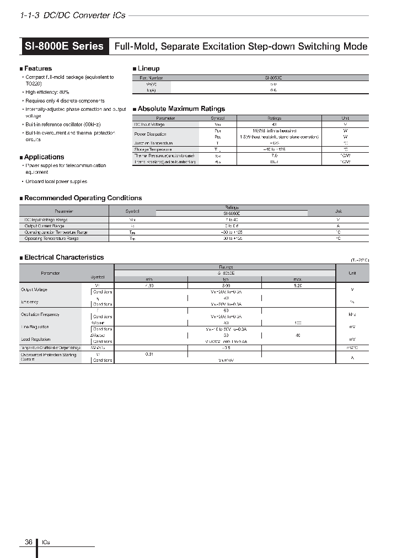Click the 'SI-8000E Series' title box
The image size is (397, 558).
point(64,46)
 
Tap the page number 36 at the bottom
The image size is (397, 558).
point(29,542)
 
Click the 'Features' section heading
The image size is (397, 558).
point(37,68)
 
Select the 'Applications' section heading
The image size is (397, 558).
point(44,157)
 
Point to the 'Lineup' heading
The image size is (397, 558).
point(148,68)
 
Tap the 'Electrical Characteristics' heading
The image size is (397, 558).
point(63,257)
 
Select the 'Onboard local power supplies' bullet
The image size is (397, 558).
point(56,181)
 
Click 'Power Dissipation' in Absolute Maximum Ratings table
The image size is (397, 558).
point(151,134)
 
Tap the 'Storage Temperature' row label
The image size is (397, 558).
point(153,149)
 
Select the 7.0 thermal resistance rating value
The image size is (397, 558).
point(274,156)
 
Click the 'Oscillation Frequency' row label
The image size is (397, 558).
point(40,314)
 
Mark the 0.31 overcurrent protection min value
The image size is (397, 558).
point(149,354)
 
